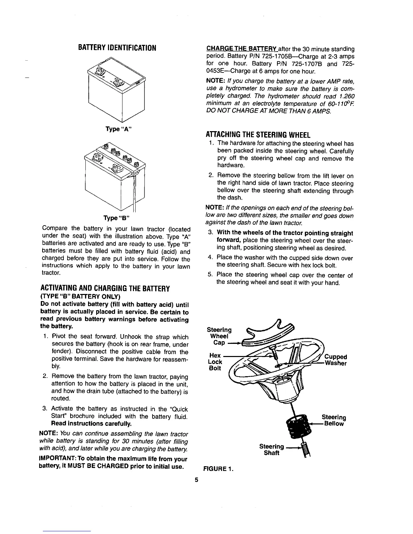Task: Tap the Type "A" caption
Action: click(117, 129)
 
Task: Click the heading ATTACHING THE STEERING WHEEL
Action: click(258, 135)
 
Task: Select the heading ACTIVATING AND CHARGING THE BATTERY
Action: click(105, 289)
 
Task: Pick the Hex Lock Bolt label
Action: click(216, 362)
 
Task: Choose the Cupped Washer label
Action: click(335, 360)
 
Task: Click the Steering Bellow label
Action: click(334, 420)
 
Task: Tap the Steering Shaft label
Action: click(272, 450)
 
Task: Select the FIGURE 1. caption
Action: click(218, 469)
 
